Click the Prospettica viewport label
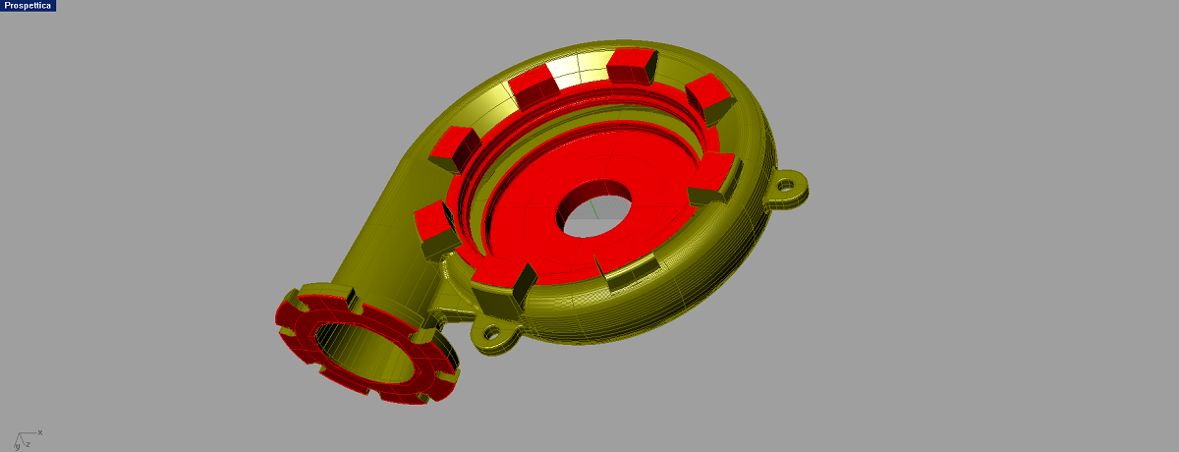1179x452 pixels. (28, 6)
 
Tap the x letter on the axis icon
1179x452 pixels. (40, 432)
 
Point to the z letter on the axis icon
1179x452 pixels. (28, 445)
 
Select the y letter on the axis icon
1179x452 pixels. (18, 447)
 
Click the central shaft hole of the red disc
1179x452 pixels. (594, 209)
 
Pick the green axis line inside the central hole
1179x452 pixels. (593, 208)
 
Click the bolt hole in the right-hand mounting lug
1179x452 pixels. (786, 185)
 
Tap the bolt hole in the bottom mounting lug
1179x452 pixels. (491, 332)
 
